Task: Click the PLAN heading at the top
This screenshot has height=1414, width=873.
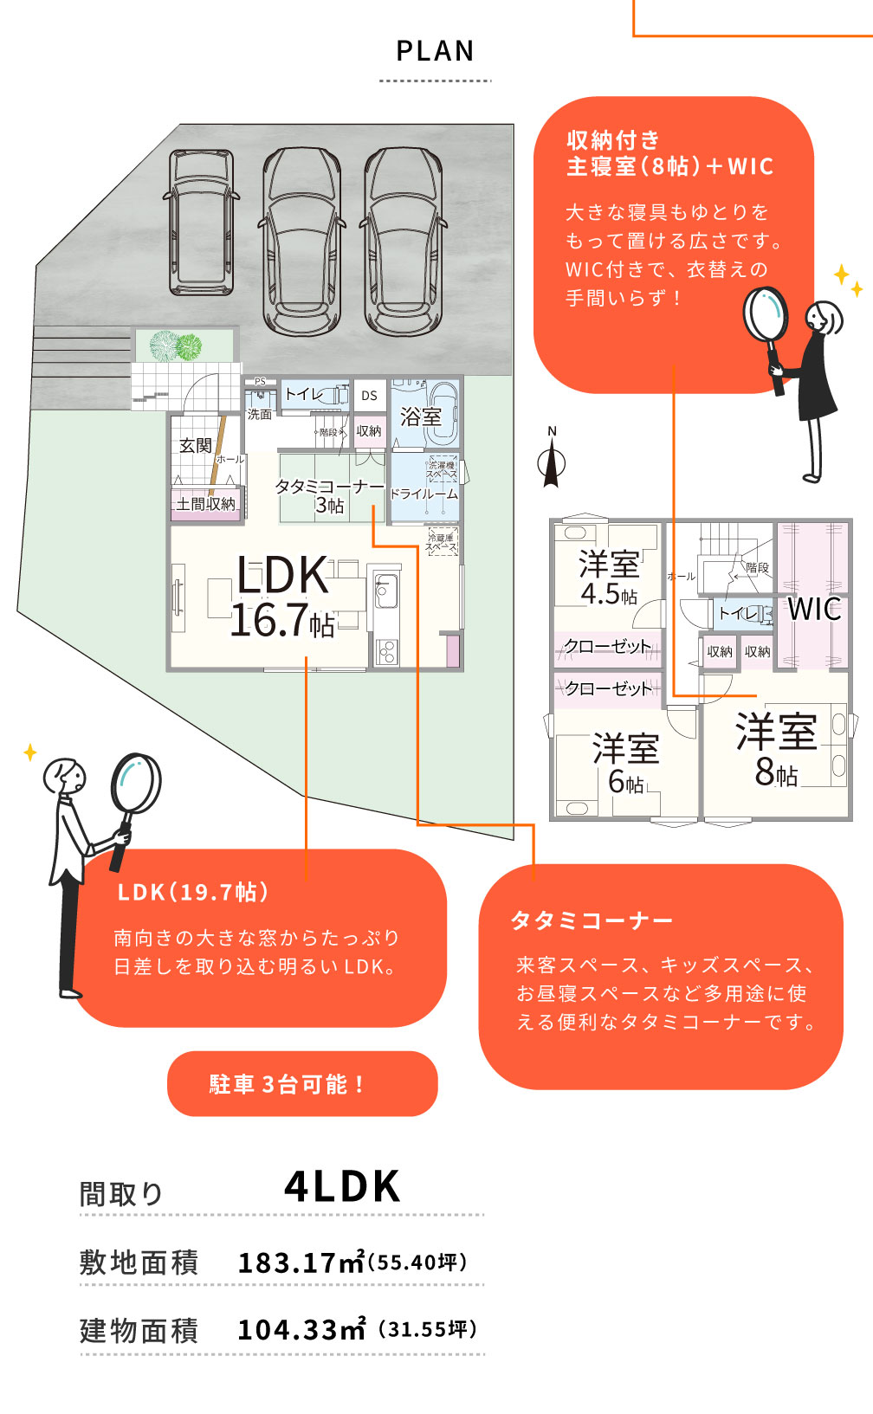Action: point(435,52)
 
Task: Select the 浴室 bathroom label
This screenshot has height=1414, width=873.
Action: point(421,416)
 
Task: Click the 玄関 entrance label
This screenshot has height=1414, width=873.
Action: point(196,445)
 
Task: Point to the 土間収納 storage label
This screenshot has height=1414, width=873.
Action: point(206,504)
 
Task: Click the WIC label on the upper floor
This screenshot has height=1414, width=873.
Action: point(814,609)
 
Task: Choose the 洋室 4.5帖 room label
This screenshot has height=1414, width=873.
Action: point(609,578)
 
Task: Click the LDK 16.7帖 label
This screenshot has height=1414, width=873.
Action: point(282,597)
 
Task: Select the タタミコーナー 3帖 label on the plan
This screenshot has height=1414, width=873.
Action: point(329,495)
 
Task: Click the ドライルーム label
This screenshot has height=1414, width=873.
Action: point(424,494)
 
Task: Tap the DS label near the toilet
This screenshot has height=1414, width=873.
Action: point(370,396)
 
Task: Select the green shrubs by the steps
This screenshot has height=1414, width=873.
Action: point(176,346)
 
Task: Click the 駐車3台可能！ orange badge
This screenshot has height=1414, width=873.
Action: point(302,1084)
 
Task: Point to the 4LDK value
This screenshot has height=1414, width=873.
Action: point(343,1187)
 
